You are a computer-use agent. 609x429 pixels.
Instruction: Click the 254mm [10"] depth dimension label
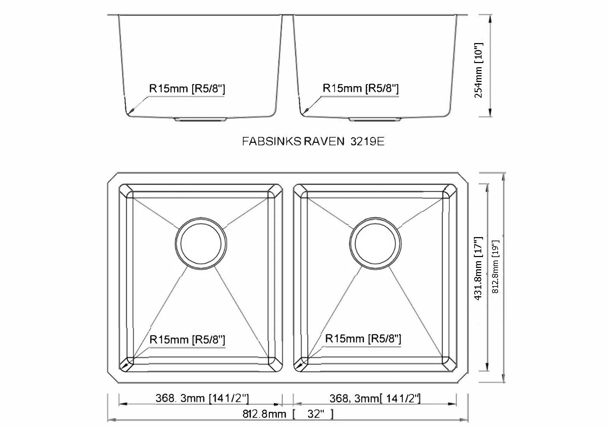point(478,70)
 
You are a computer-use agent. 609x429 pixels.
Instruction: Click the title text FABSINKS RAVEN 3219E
point(313,141)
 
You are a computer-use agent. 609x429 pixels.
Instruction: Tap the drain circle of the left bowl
point(201,243)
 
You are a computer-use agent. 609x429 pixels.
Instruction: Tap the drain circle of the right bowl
point(375,243)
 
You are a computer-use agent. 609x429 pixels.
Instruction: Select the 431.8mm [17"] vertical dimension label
point(478,268)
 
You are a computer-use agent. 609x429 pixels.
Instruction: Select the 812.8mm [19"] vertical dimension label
point(495,266)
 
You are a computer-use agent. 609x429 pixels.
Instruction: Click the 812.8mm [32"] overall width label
point(288,414)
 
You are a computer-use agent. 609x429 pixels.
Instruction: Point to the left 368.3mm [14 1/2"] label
point(202,398)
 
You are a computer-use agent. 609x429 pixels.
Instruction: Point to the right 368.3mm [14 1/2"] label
point(375,398)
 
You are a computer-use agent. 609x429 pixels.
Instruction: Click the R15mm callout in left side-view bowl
point(187,88)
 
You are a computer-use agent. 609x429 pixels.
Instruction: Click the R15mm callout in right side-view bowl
point(360,88)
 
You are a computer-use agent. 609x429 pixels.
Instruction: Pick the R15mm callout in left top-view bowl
point(187,339)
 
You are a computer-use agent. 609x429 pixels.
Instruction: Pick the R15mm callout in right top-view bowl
point(363,338)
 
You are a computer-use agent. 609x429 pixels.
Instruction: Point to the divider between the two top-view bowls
point(288,277)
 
